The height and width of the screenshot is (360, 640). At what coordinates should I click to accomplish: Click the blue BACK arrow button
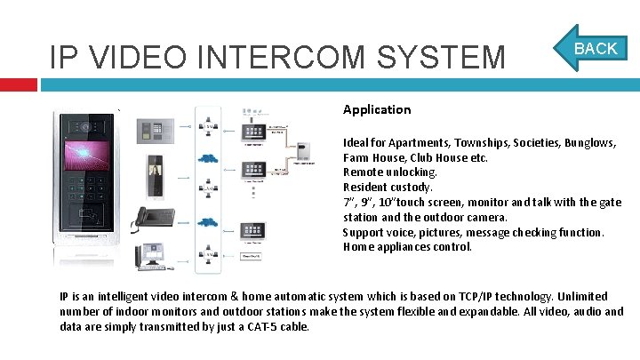593,49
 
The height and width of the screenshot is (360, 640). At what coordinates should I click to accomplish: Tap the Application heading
377,109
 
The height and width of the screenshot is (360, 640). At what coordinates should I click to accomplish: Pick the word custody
412,188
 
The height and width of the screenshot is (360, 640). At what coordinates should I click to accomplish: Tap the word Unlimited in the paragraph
583,296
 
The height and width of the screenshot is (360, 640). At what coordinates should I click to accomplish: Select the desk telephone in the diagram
153,218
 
